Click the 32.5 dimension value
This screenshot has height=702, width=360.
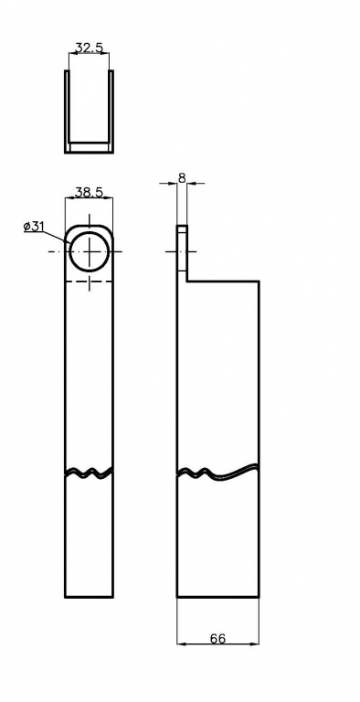[90, 48]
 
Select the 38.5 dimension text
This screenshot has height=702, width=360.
[90, 193]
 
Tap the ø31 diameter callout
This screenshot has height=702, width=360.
[34, 227]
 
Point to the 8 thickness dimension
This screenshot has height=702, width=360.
[182, 177]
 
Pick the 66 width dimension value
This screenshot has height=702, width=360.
[218, 639]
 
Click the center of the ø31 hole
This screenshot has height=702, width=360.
[90, 251]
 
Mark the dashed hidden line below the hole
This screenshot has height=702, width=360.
[90, 282]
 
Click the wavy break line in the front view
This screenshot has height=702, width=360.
[90, 473]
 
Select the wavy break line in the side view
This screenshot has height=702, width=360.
[218, 473]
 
